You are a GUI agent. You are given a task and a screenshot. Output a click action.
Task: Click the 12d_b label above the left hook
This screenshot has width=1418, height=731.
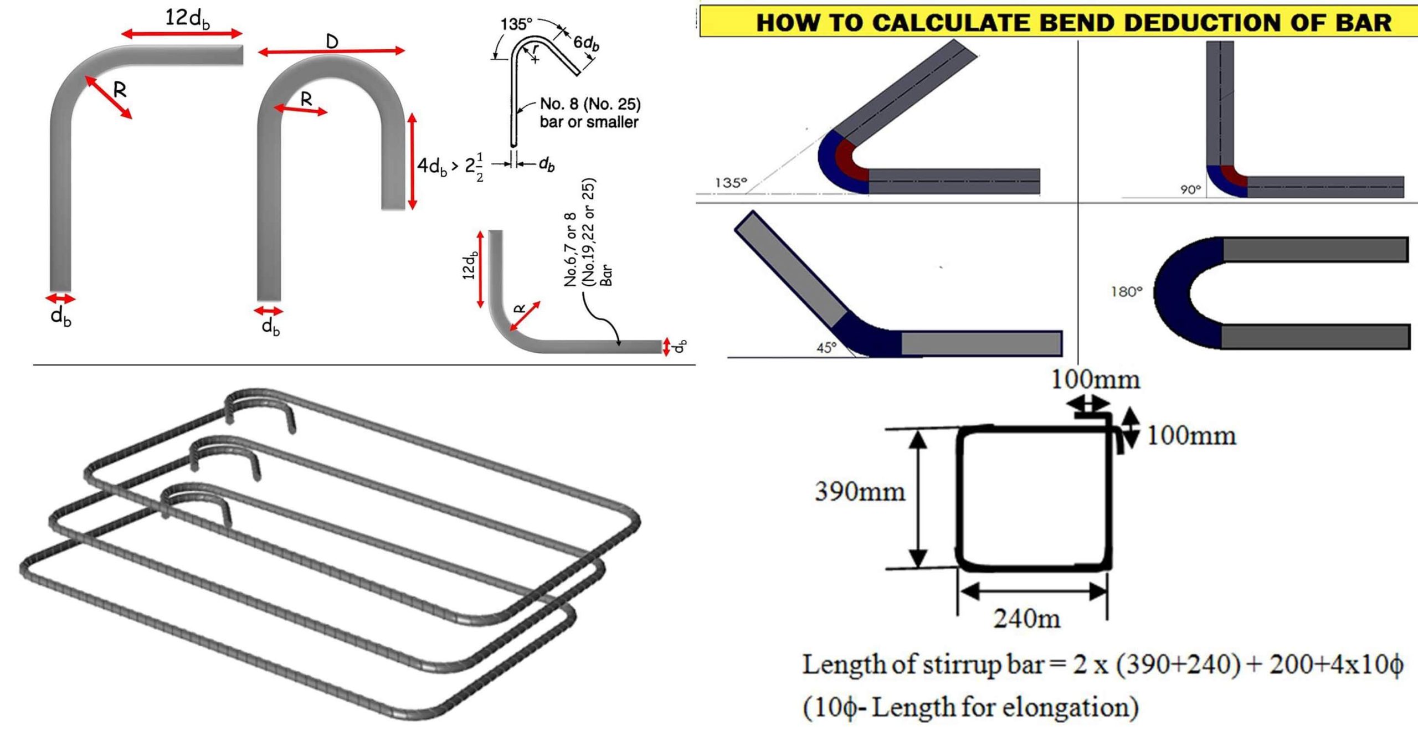click(187, 19)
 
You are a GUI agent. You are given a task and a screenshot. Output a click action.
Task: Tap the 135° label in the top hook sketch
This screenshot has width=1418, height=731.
click(516, 24)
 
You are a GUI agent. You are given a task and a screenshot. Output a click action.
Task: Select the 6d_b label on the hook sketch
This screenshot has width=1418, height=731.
click(586, 43)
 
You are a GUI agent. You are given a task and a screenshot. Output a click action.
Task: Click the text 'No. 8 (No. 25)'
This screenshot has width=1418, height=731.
click(590, 104)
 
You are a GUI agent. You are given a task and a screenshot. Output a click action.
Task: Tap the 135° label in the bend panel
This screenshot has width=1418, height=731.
click(731, 182)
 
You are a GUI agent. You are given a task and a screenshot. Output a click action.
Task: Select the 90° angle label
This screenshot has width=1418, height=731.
click(1189, 189)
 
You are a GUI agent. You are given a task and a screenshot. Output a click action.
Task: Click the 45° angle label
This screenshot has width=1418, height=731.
click(826, 347)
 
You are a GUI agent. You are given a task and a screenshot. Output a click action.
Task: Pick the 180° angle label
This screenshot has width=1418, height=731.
click(1126, 291)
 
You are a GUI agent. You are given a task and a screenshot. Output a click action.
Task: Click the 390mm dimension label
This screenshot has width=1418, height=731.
click(859, 491)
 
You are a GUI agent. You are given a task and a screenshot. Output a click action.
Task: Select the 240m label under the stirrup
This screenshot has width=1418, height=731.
click(1026, 619)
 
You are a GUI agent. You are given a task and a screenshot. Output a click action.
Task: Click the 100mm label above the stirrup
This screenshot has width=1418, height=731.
click(1095, 380)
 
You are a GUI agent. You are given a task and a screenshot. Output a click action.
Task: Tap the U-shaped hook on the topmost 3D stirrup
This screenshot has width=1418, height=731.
click(260, 407)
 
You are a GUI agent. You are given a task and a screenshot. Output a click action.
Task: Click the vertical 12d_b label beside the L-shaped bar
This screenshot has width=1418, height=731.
click(470, 265)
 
